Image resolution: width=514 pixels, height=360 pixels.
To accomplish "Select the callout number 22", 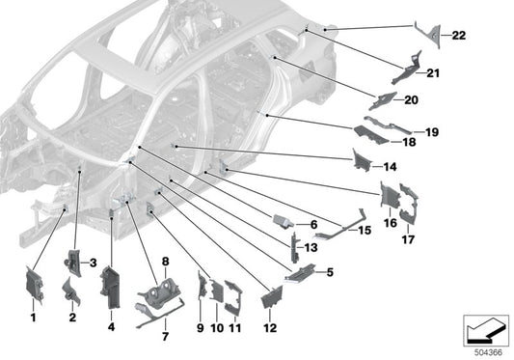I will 459,36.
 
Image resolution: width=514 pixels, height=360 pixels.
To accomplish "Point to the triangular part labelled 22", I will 428,34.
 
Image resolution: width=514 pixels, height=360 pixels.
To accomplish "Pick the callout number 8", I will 165,262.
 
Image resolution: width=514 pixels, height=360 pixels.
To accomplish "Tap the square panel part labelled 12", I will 270,296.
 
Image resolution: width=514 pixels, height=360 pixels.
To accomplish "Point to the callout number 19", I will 432,131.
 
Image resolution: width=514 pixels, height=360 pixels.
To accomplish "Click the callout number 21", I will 432,73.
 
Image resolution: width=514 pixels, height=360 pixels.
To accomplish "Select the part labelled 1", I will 33,287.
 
